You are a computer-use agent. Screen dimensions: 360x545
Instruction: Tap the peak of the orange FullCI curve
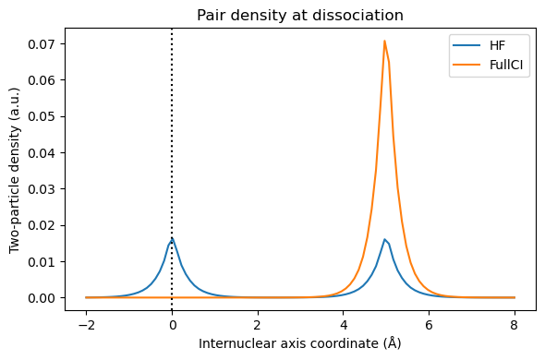pos(384,41)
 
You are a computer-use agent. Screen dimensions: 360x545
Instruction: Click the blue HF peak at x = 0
pos(172,238)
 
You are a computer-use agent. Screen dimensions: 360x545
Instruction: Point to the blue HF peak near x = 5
pos(384,240)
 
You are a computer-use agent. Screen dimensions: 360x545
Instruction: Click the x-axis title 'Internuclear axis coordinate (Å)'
pos(300,343)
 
